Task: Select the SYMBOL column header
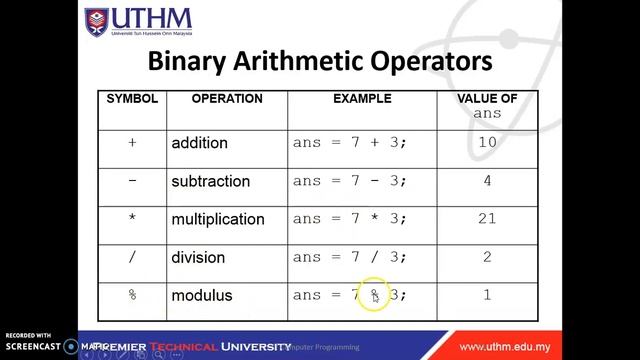(133, 99)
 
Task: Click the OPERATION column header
(227, 99)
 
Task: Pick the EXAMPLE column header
(362, 99)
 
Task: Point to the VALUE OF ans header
(487, 106)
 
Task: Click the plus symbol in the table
(132, 143)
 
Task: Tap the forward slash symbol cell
(132, 257)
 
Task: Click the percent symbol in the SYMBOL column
(132, 295)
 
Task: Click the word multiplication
(218, 219)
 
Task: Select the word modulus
(201, 295)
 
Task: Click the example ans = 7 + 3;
(350, 143)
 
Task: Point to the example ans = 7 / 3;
(350, 257)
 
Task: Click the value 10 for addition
(487, 143)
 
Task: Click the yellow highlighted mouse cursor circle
(375, 295)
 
